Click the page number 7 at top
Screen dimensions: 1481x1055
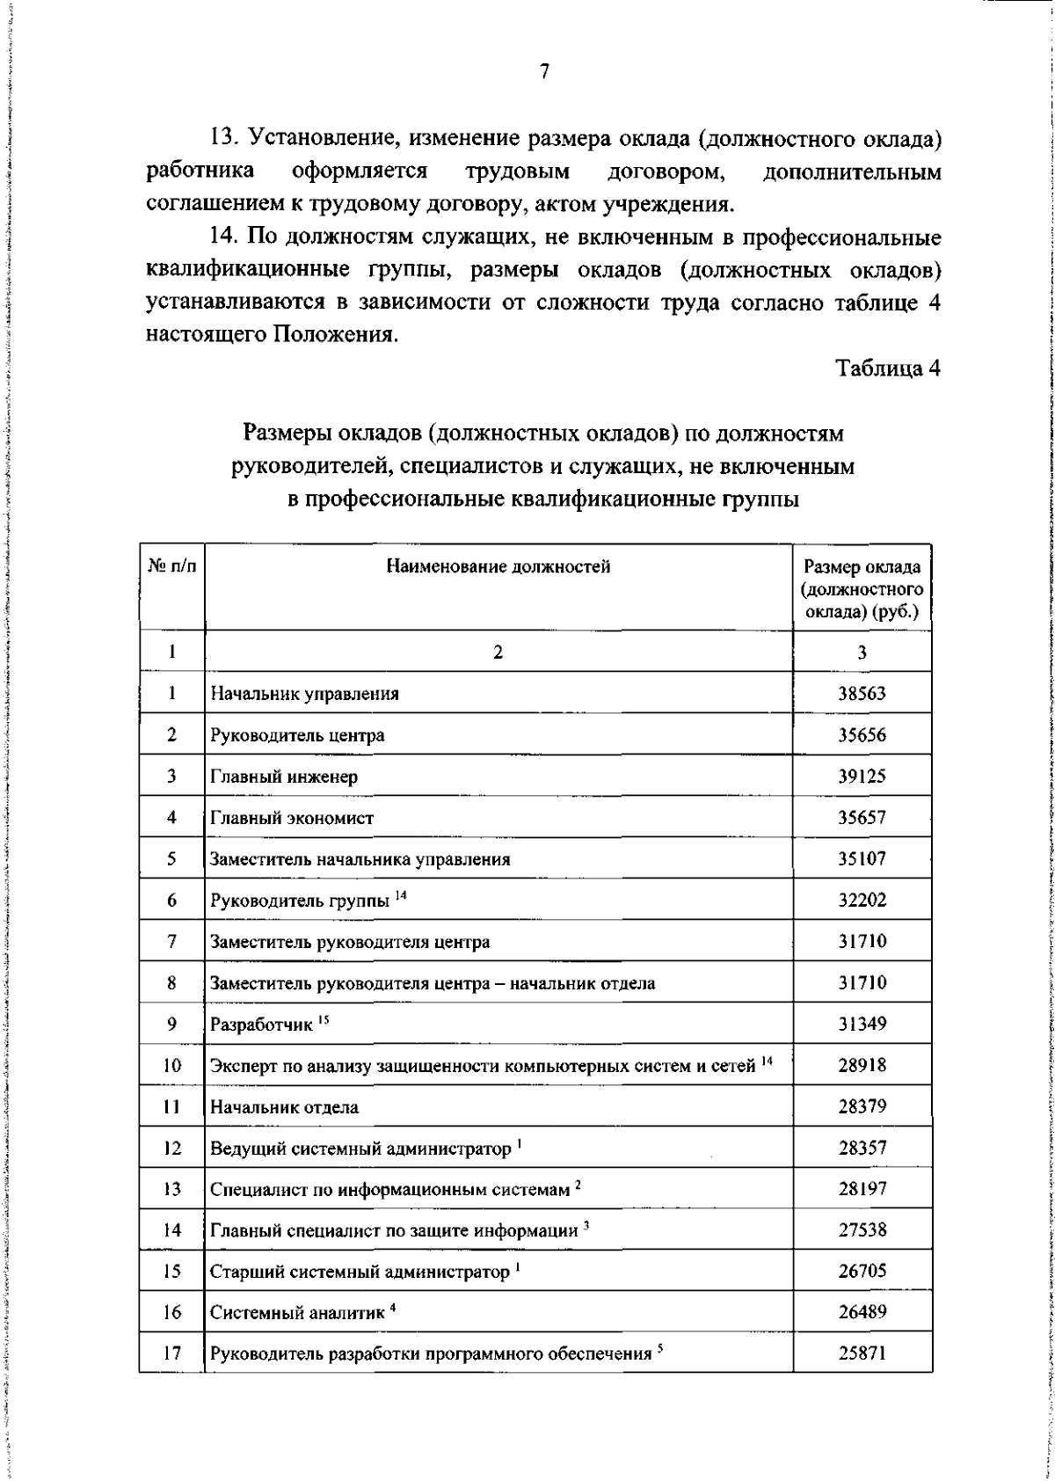coord(544,72)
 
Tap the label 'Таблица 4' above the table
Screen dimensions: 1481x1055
coord(888,368)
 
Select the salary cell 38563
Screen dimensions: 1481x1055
coord(862,693)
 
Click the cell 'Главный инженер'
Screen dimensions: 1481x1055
coord(284,777)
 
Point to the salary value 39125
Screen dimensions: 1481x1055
coord(862,777)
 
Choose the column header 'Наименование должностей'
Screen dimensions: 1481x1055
coord(498,567)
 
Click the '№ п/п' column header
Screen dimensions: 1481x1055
coord(171,567)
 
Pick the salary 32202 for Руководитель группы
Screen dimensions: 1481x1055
coord(862,901)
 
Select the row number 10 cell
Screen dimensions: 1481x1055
coord(171,1066)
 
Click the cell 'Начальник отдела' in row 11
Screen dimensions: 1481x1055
coord(284,1107)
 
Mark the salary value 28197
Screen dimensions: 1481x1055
coord(862,1189)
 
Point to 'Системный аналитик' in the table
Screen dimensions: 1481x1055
coord(297,1313)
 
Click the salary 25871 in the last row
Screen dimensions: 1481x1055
coord(862,1353)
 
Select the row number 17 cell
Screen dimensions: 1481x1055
coord(171,1353)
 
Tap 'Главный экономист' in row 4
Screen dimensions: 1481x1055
coord(292,818)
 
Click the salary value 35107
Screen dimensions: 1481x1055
coord(862,859)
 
